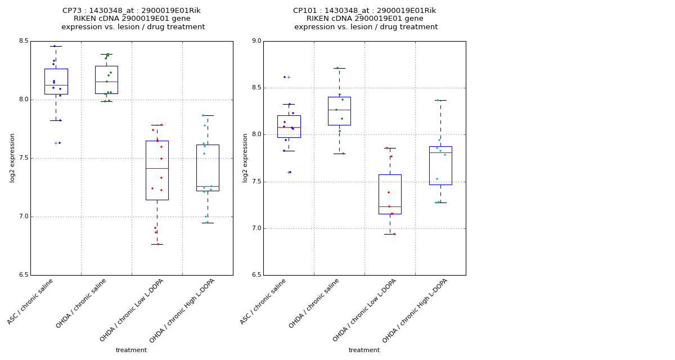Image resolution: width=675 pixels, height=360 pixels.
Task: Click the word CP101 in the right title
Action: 304,11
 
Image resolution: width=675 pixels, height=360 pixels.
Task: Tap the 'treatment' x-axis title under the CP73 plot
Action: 131,350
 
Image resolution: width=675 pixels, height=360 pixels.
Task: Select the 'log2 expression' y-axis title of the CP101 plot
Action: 245,157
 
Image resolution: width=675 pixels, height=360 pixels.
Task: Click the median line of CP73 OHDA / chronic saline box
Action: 106,82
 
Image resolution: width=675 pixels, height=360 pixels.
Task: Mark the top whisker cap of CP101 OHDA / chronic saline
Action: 339,68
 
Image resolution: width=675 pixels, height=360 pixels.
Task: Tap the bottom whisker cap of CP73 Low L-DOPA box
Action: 157,244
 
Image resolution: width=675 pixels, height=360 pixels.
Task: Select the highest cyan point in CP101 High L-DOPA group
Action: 438,100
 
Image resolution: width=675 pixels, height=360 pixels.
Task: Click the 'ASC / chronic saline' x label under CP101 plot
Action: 263,301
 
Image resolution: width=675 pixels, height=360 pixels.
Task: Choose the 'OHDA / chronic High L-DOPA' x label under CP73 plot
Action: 182,310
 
